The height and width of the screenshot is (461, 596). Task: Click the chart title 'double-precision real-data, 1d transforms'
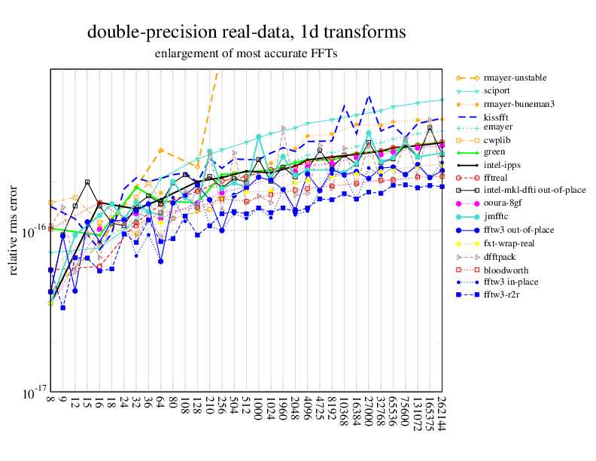tap(246, 32)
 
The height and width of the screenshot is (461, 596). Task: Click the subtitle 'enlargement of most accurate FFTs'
tap(246, 53)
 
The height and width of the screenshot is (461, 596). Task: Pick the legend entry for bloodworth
tap(506, 270)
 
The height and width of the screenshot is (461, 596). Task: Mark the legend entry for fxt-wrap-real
tap(509, 243)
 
